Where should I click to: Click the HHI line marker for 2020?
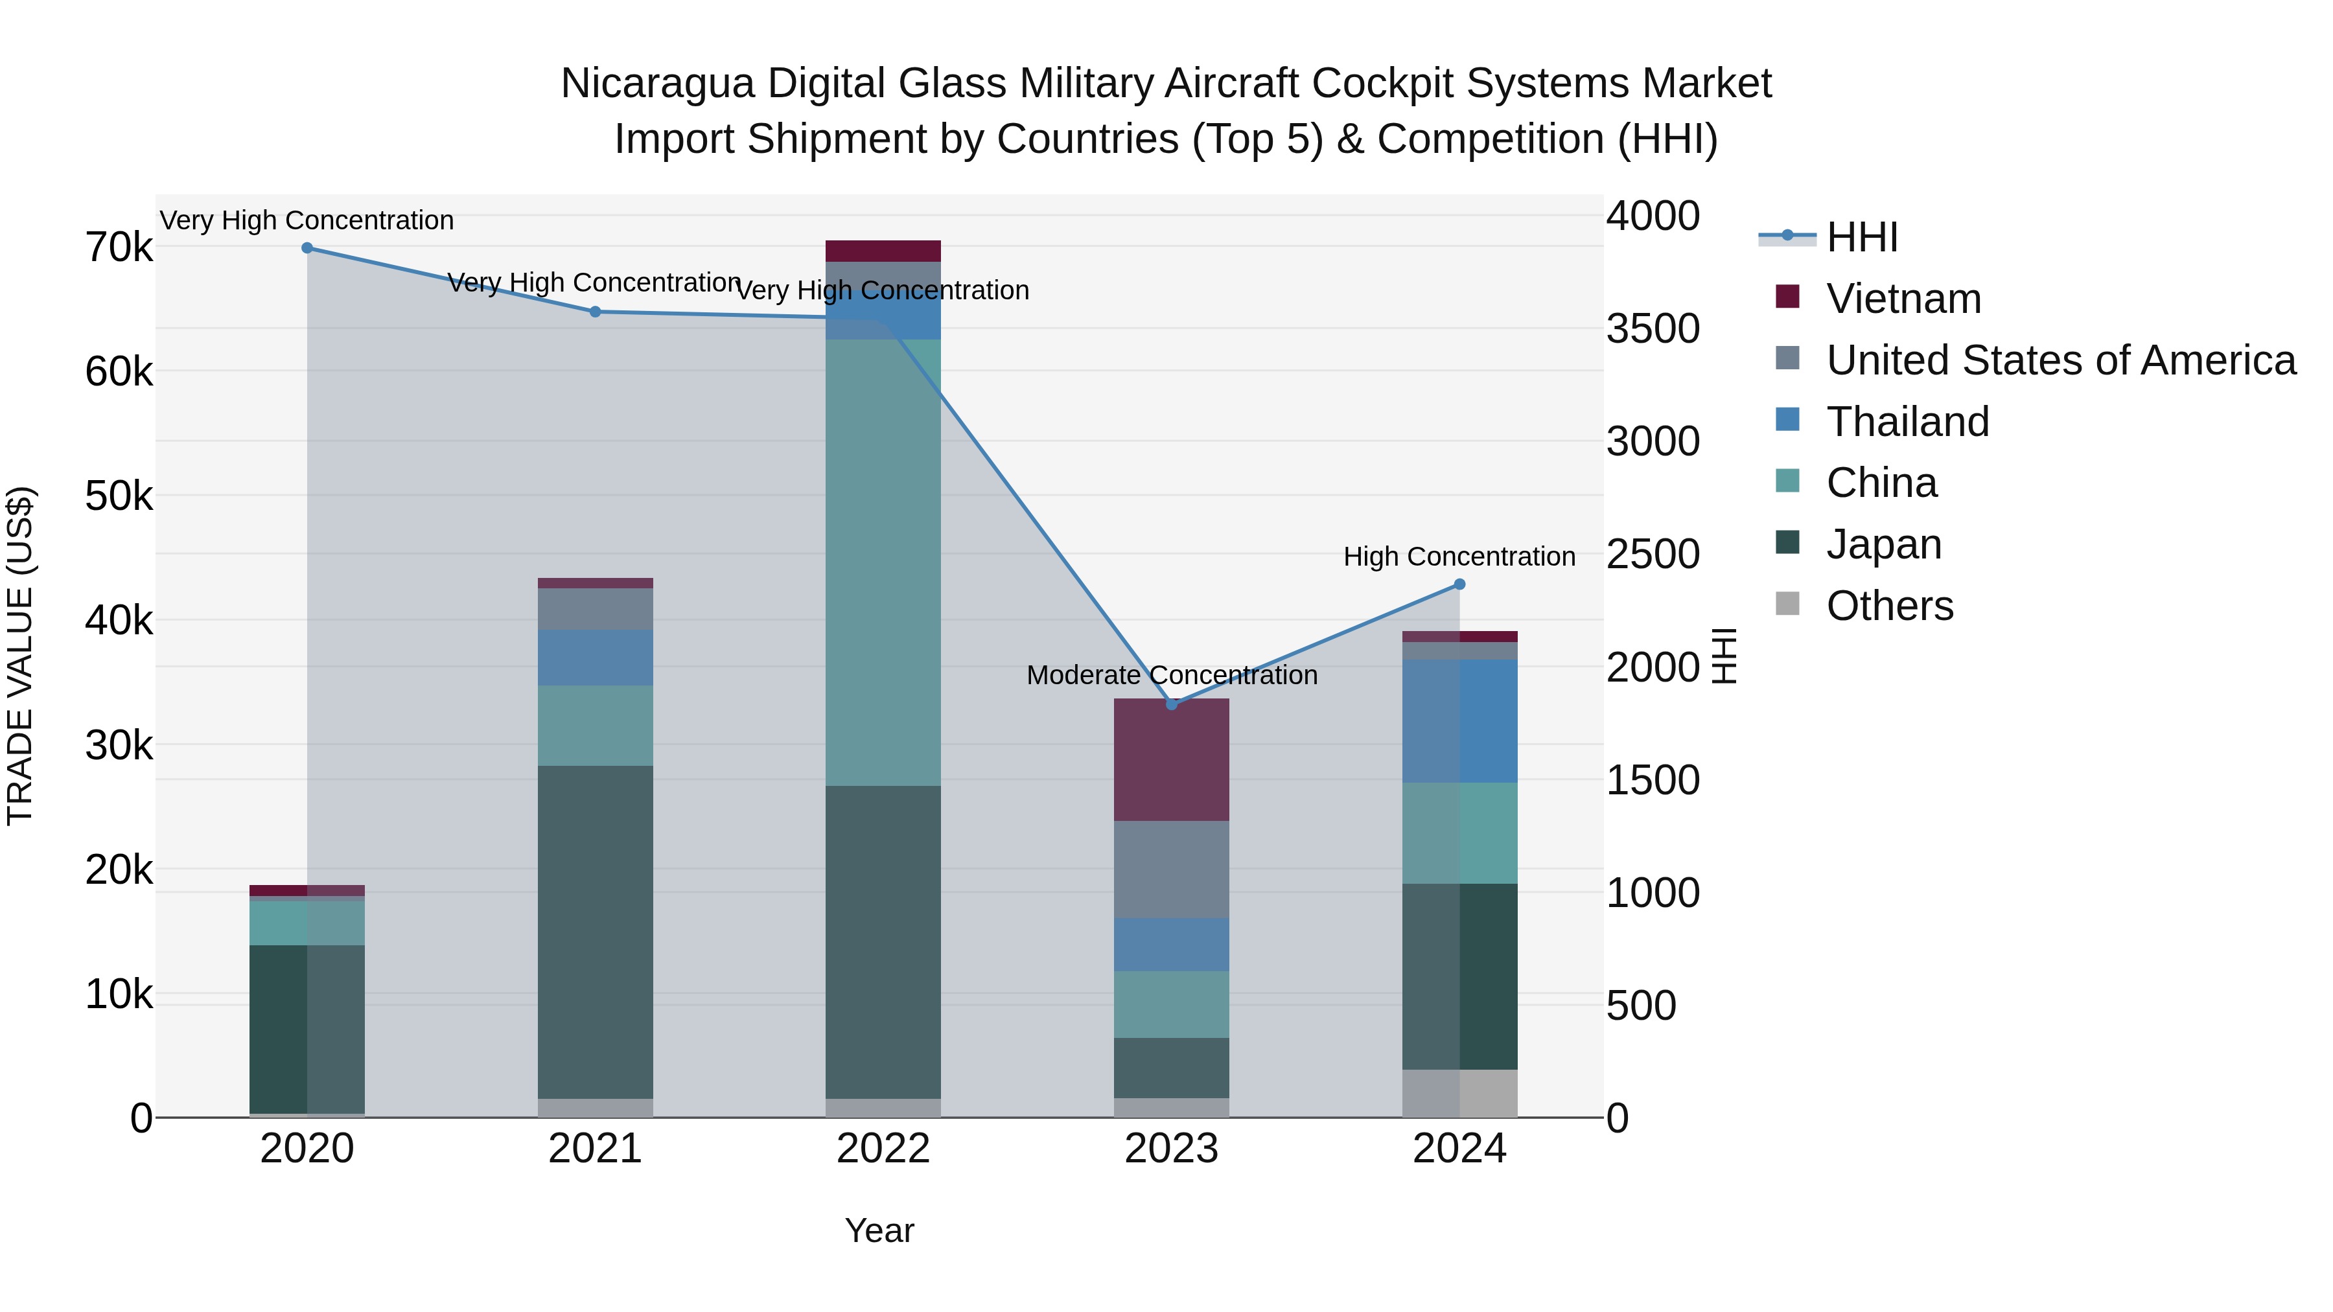[307, 248]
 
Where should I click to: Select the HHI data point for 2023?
[1171, 704]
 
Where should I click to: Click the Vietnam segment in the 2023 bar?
[1171, 760]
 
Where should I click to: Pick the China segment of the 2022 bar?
[883, 561]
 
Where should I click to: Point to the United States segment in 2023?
[1171, 869]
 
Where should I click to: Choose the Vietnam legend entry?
[1903, 299]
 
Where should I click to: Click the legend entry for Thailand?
[1907, 422]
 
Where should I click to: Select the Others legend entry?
[1889, 606]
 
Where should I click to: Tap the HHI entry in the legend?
[1861, 237]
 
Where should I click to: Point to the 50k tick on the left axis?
[119, 496]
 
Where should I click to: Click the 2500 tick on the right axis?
[1652, 554]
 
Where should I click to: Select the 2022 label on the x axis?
[883, 1149]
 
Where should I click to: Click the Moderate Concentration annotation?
[1171, 676]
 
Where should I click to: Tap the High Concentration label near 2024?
[1459, 557]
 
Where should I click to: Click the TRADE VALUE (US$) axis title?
[20, 656]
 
